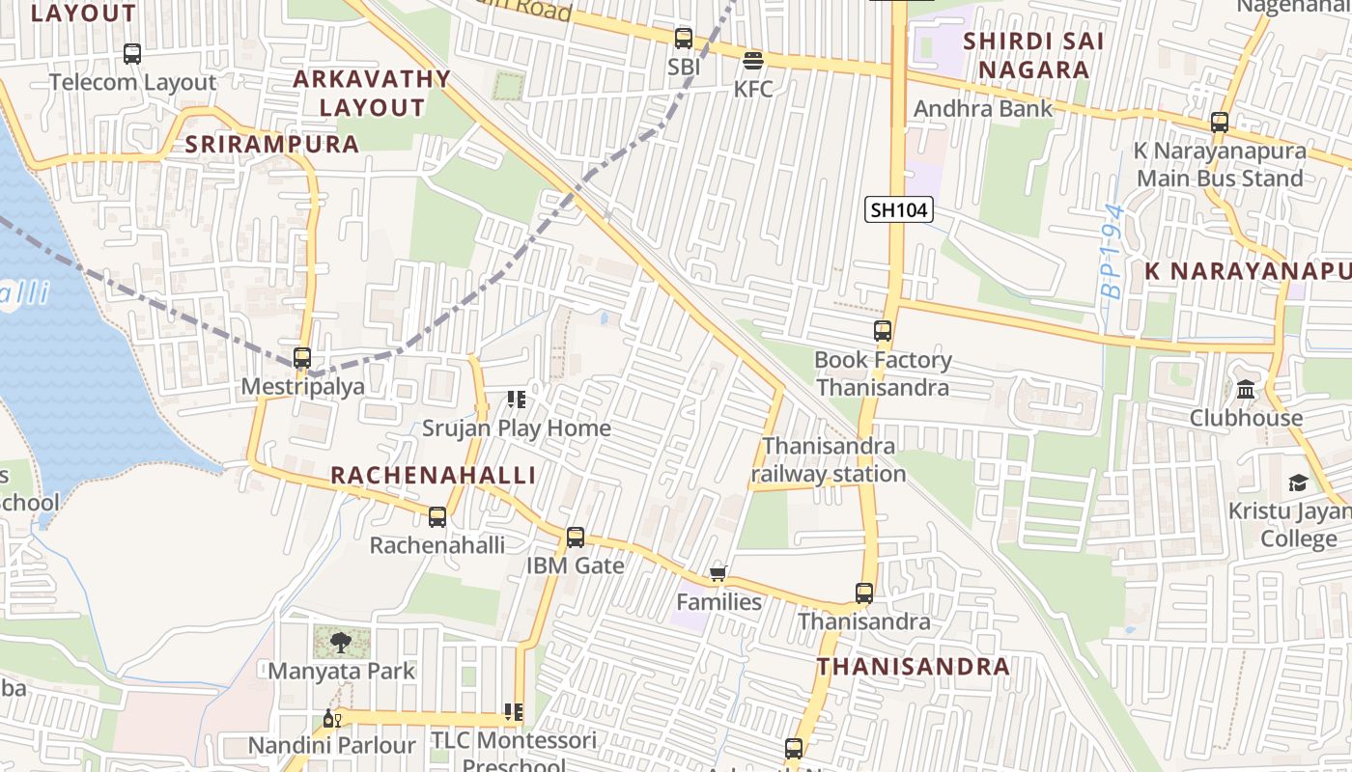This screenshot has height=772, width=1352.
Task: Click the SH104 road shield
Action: click(898, 209)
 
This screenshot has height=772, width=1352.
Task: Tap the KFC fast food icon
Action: click(753, 61)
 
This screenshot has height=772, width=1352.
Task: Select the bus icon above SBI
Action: click(684, 39)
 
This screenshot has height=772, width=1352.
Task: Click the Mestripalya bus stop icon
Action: click(302, 358)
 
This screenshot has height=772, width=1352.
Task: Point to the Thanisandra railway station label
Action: click(829, 460)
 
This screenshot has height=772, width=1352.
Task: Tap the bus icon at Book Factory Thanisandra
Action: click(883, 331)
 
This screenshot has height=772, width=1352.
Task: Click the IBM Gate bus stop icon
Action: click(576, 538)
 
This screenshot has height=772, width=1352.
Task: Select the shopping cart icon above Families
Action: click(718, 574)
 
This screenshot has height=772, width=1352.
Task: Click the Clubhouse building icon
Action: click(1246, 390)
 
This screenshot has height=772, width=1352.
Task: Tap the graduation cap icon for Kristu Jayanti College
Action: click(1298, 482)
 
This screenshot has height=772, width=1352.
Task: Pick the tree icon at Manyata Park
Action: click(341, 642)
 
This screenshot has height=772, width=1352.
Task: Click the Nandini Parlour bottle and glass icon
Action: click(332, 719)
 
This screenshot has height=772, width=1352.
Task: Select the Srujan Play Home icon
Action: click(516, 399)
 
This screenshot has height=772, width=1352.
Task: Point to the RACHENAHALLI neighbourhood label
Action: click(433, 475)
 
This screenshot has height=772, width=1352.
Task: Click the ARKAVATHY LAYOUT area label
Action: click(372, 93)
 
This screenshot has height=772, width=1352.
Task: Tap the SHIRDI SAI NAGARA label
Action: click(1033, 55)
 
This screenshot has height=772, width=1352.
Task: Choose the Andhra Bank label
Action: click(983, 108)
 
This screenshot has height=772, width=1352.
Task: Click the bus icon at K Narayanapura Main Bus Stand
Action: click(1220, 123)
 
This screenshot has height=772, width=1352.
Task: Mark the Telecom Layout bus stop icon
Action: click(132, 54)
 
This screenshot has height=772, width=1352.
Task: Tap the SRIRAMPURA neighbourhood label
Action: click(271, 145)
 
